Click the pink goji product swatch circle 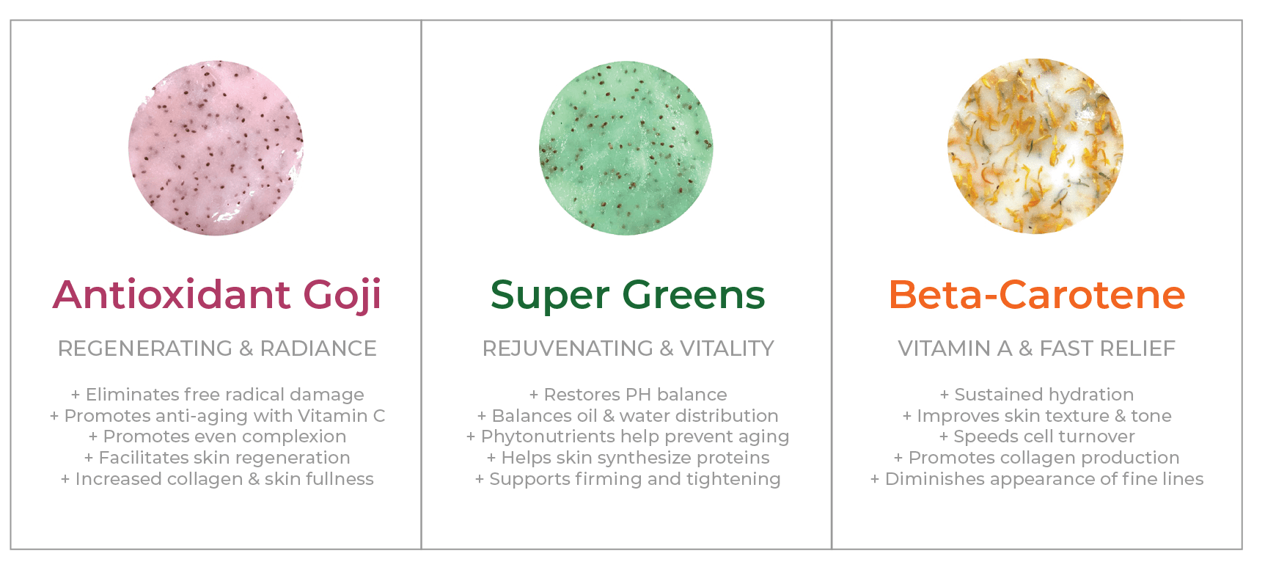tap(216, 147)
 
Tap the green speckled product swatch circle tap(626, 147)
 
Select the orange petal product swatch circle tap(1035, 146)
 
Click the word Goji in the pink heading tap(342, 295)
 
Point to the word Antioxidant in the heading tap(172, 294)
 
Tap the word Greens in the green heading tap(694, 295)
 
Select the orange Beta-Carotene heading tap(1037, 295)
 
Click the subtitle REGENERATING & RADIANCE tap(217, 348)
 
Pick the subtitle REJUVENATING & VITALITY tap(628, 348)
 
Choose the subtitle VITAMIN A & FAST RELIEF tap(1037, 348)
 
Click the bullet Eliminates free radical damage tap(217, 395)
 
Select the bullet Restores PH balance tap(628, 395)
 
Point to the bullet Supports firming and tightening tap(628, 479)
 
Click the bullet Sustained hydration tap(1037, 395)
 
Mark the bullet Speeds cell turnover tap(1037, 436)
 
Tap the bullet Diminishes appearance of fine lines tap(1037, 479)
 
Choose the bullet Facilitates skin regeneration tap(217, 458)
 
